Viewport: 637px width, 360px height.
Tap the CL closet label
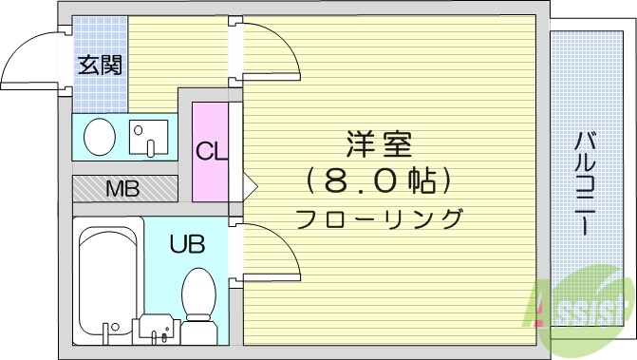(x=211, y=151)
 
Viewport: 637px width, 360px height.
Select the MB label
(x=122, y=188)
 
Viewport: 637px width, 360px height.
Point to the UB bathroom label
(x=187, y=244)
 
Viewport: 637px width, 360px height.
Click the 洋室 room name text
(x=378, y=146)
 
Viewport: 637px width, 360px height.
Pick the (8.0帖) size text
(x=378, y=180)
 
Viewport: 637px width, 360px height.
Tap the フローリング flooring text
(x=379, y=218)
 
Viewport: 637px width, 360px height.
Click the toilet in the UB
(x=197, y=295)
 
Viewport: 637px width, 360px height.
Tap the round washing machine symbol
(x=100, y=137)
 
